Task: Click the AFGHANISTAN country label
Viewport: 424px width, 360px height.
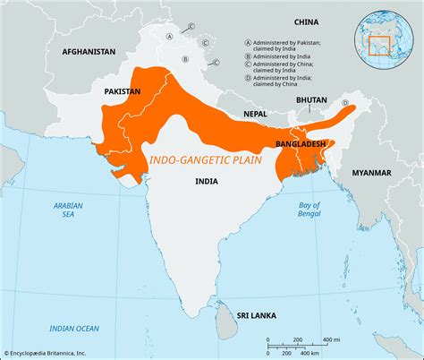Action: point(89,52)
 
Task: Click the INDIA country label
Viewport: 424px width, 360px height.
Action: point(208,180)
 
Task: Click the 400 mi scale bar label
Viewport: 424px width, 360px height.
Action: point(330,339)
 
